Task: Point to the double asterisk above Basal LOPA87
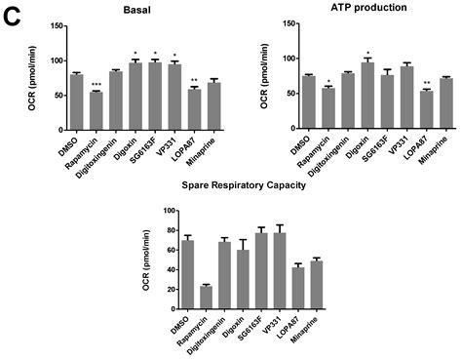coord(195,80)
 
